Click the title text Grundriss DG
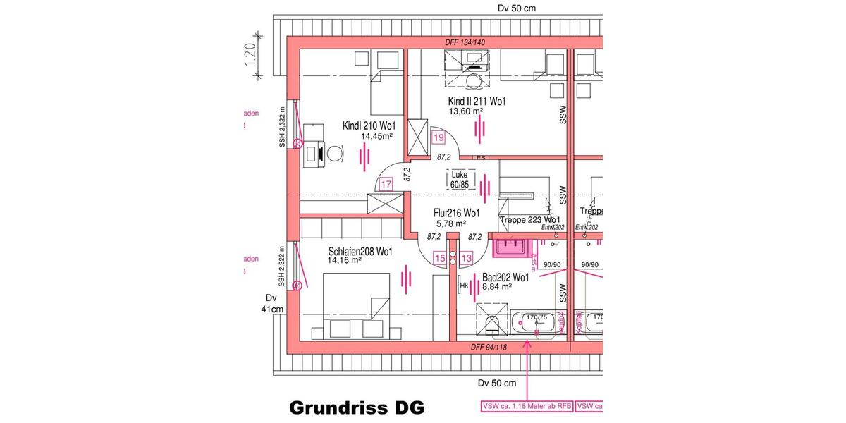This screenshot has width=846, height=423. click(357, 408)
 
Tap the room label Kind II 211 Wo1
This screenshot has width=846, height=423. click(477, 102)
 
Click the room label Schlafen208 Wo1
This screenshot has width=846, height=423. click(360, 251)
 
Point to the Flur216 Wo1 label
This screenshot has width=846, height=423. click(457, 213)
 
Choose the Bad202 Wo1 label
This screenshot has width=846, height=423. click(505, 278)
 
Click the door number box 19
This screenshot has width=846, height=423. click(439, 137)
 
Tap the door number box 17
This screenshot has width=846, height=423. click(385, 185)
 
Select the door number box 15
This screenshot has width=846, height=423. click(439, 259)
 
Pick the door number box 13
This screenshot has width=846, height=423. click(466, 259)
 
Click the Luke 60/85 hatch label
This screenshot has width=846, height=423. click(460, 179)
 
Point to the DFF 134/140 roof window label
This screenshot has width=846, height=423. click(465, 43)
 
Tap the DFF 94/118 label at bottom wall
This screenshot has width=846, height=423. click(488, 348)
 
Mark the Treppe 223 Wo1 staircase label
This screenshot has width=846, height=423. click(529, 221)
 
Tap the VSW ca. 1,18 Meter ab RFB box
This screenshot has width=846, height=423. click(527, 406)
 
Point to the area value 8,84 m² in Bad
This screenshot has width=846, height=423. click(496, 287)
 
